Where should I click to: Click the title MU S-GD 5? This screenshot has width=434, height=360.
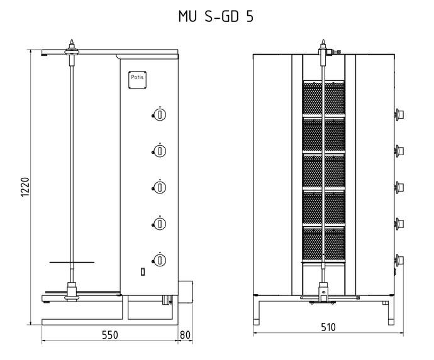pyautogui.click(x=216, y=16)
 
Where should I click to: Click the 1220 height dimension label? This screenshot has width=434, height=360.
pyautogui.click(x=25, y=187)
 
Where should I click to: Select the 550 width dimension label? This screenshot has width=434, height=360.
pyautogui.click(x=110, y=335)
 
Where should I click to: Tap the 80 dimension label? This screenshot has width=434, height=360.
pyautogui.click(x=185, y=335)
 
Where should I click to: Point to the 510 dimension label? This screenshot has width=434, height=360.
pyautogui.click(x=328, y=327)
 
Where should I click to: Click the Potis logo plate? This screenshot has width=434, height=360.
pyautogui.click(x=137, y=80)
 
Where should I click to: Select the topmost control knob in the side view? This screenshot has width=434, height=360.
pyautogui.click(x=159, y=114)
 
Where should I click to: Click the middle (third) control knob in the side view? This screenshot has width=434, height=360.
pyautogui.click(x=159, y=187)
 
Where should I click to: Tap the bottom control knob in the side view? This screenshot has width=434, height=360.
pyautogui.click(x=159, y=260)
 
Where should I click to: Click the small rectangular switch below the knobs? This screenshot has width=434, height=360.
pyautogui.click(x=143, y=272)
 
